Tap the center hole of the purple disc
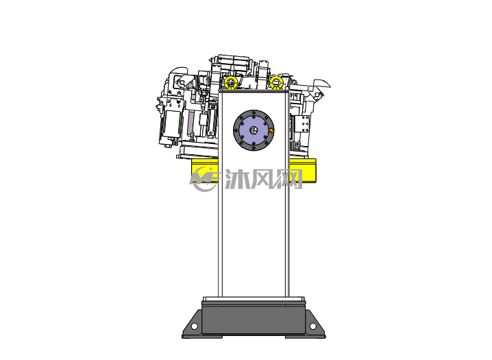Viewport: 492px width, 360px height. click(254, 130)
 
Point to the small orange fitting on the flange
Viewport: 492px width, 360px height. click(272, 130)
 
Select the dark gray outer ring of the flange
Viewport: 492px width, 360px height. click(236, 130)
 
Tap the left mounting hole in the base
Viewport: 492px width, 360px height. click(194, 326)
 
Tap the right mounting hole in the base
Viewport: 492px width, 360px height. click(312, 326)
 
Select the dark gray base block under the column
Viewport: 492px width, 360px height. click(254, 319)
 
